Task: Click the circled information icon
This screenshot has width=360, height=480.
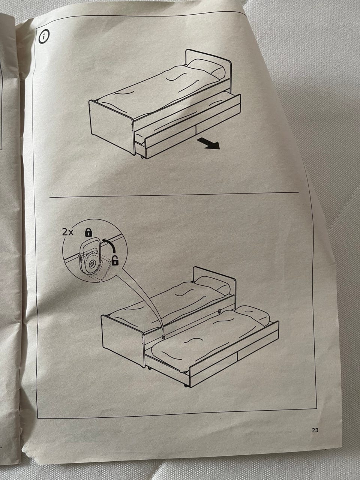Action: point(44,36)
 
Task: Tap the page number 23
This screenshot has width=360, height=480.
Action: point(315,430)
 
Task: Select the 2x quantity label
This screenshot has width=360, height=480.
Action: point(68,232)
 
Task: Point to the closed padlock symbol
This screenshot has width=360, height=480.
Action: point(88,232)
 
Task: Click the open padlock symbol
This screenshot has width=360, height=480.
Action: point(115,260)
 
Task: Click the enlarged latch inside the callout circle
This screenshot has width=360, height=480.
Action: point(90,258)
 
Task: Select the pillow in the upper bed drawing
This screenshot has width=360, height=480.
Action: point(206,67)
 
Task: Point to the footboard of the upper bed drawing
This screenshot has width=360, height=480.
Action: point(111,127)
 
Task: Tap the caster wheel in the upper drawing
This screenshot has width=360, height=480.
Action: point(142,157)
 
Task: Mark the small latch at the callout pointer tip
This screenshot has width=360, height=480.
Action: point(163,336)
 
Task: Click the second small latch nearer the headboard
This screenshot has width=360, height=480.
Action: point(219,311)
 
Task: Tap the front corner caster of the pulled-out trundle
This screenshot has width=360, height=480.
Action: point(186,385)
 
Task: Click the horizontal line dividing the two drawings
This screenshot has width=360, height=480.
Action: point(174,195)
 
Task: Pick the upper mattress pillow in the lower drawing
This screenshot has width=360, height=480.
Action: point(212,285)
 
